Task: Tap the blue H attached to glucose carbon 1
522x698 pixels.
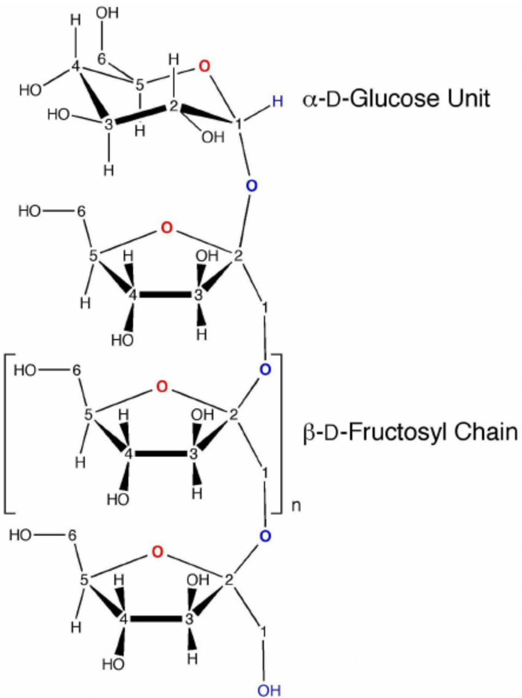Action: click(x=278, y=101)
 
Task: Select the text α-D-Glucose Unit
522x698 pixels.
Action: click(x=396, y=99)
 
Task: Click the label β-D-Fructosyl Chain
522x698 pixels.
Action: click(x=409, y=432)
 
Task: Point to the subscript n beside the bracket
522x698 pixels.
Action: click(x=296, y=507)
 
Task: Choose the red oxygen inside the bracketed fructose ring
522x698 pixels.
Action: click(x=162, y=387)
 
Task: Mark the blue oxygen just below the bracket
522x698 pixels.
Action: click(x=264, y=537)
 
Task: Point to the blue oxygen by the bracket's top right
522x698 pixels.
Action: click(x=265, y=369)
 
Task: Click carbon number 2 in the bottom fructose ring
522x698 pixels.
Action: click(x=228, y=580)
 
